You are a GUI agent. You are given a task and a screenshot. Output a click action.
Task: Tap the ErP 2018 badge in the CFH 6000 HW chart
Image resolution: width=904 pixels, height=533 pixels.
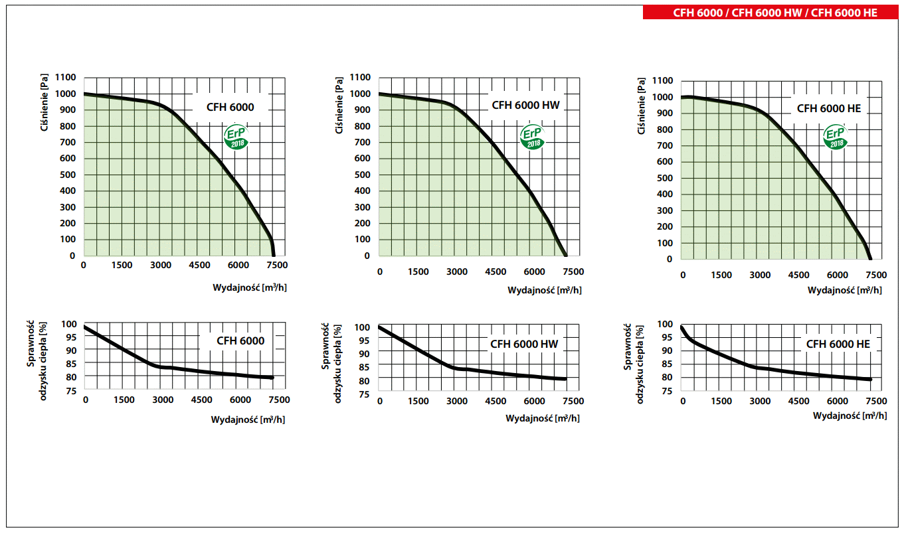pyautogui.click(x=531, y=136)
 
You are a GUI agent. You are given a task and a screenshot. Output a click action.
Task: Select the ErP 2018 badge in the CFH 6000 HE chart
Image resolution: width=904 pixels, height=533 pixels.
pyautogui.click(x=835, y=137)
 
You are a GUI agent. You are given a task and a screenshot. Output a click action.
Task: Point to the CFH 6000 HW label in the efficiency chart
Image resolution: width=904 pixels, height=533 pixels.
pyautogui.click(x=524, y=344)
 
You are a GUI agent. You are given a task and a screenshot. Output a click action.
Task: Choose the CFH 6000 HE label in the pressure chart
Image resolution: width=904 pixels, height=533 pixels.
pyautogui.click(x=828, y=108)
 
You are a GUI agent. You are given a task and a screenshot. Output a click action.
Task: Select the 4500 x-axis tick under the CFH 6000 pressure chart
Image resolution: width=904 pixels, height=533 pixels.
pyautogui.click(x=200, y=266)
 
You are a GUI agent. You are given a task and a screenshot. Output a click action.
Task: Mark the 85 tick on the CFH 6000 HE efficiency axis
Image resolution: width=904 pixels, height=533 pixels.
pyautogui.click(x=666, y=364)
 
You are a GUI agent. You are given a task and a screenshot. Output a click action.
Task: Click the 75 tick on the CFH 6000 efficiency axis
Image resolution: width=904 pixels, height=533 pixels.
pyautogui.click(x=70, y=391)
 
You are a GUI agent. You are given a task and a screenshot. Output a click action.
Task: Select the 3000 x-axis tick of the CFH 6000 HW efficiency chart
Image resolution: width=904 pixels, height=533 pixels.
pyautogui.click(x=456, y=401)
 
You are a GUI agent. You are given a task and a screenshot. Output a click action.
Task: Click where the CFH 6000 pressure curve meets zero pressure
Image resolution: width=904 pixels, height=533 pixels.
pyautogui.click(x=274, y=255)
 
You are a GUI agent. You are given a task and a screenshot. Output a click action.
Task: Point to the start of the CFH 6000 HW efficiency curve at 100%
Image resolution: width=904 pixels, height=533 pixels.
pyautogui.click(x=379, y=327)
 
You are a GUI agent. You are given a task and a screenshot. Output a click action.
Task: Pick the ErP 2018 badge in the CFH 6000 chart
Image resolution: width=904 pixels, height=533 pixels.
pyautogui.click(x=237, y=137)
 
